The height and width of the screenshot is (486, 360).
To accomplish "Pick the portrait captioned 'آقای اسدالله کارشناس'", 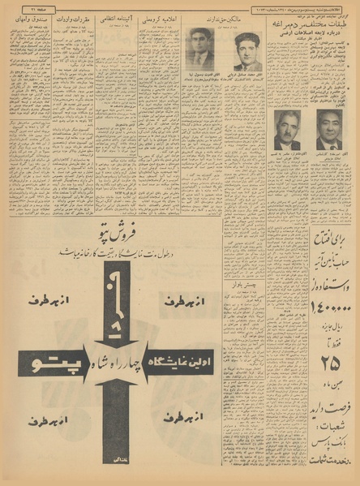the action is (x=329, y=129).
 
